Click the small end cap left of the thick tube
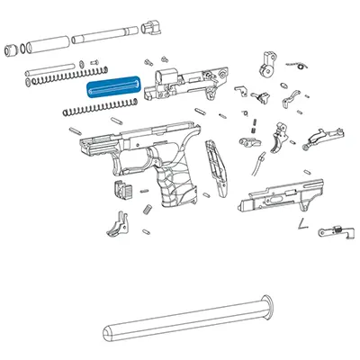pos(11,48)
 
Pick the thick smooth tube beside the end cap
pos(42,43)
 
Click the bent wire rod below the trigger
pos(260,163)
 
